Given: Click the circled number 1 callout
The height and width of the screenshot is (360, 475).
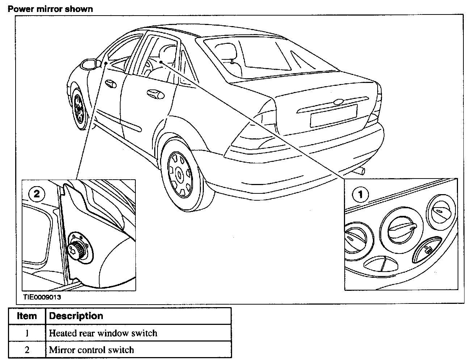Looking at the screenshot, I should [x=360, y=194].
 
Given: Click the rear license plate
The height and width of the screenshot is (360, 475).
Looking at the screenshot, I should [x=333, y=115].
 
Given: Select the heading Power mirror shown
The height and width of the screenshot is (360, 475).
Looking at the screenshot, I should [x=50, y=9].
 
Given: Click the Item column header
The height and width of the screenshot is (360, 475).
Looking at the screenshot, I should [x=27, y=316].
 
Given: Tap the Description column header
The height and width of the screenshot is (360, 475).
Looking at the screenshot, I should [x=76, y=316].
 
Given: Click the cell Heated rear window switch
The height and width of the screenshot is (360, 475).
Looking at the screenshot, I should [x=103, y=333].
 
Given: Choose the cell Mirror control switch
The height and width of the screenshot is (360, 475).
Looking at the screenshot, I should [x=92, y=350].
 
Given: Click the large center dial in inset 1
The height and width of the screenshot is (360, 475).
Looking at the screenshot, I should [x=401, y=229].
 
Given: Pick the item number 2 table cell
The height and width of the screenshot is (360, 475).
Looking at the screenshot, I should [x=27, y=350].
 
